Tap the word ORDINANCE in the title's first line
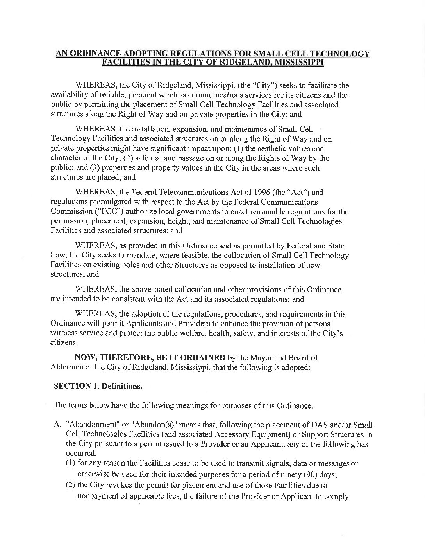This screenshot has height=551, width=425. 89,54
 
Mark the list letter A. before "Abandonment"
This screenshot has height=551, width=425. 56,425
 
